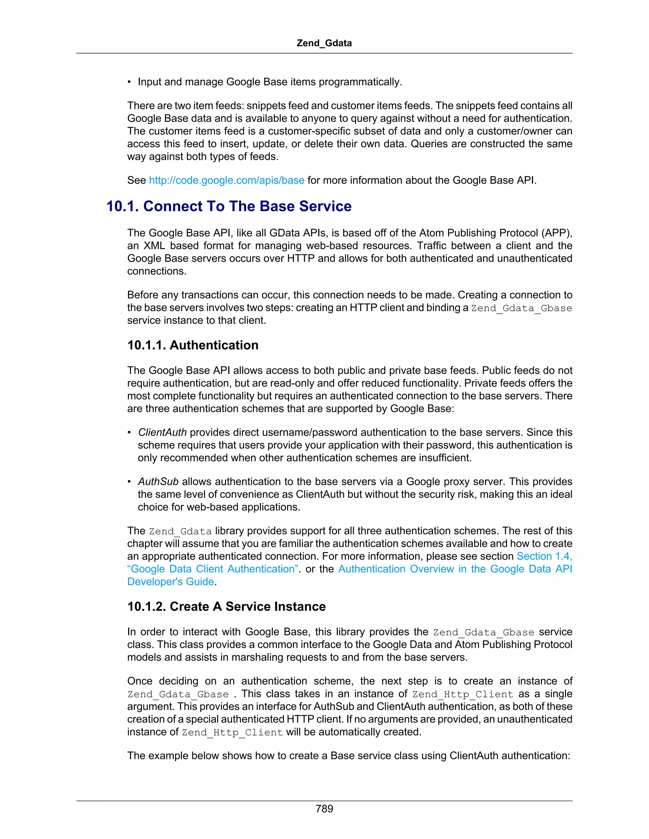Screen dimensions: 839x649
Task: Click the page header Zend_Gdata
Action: pyautogui.click(x=324, y=43)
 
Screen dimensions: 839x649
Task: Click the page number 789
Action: pyautogui.click(x=324, y=809)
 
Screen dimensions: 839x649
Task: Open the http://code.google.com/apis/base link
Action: pyautogui.click(x=227, y=180)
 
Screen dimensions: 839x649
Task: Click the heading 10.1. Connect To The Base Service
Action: pyautogui.click(x=229, y=206)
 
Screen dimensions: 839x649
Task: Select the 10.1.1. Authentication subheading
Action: pyautogui.click(x=193, y=345)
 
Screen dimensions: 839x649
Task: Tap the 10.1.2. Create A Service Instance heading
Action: pyautogui.click(x=227, y=606)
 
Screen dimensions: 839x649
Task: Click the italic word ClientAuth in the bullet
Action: pyautogui.click(x=162, y=432)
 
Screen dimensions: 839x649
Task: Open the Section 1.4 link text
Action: pyautogui.click(x=544, y=556)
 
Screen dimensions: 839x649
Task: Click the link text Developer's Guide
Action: pyautogui.click(x=170, y=582)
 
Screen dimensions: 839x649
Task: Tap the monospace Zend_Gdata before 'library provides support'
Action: pyautogui.click(x=180, y=531)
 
